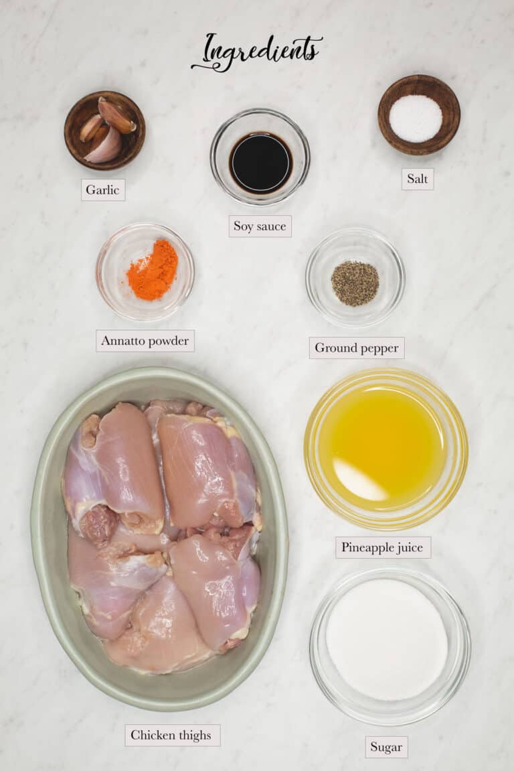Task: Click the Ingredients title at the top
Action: (x=257, y=51)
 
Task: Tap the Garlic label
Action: (x=103, y=190)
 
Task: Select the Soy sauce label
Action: (x=260, y=226)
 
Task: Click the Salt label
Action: (x=417, y=179)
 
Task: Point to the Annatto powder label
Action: (x=145, y=340)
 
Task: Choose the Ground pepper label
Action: (x=356, y=348)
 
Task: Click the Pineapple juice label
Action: (x=382, y=547)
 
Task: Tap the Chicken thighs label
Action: (x=171, y=735)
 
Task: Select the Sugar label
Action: (x=386, y=747)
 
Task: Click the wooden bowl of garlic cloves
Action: (x=104, y=130)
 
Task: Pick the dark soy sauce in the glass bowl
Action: (x=260, y=163)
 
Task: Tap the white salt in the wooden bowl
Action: (x=416, y=119)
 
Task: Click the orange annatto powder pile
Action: (x=153, y=271)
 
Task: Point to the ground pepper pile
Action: (x=355, y=283)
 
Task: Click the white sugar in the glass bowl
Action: (x=387, y=639)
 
